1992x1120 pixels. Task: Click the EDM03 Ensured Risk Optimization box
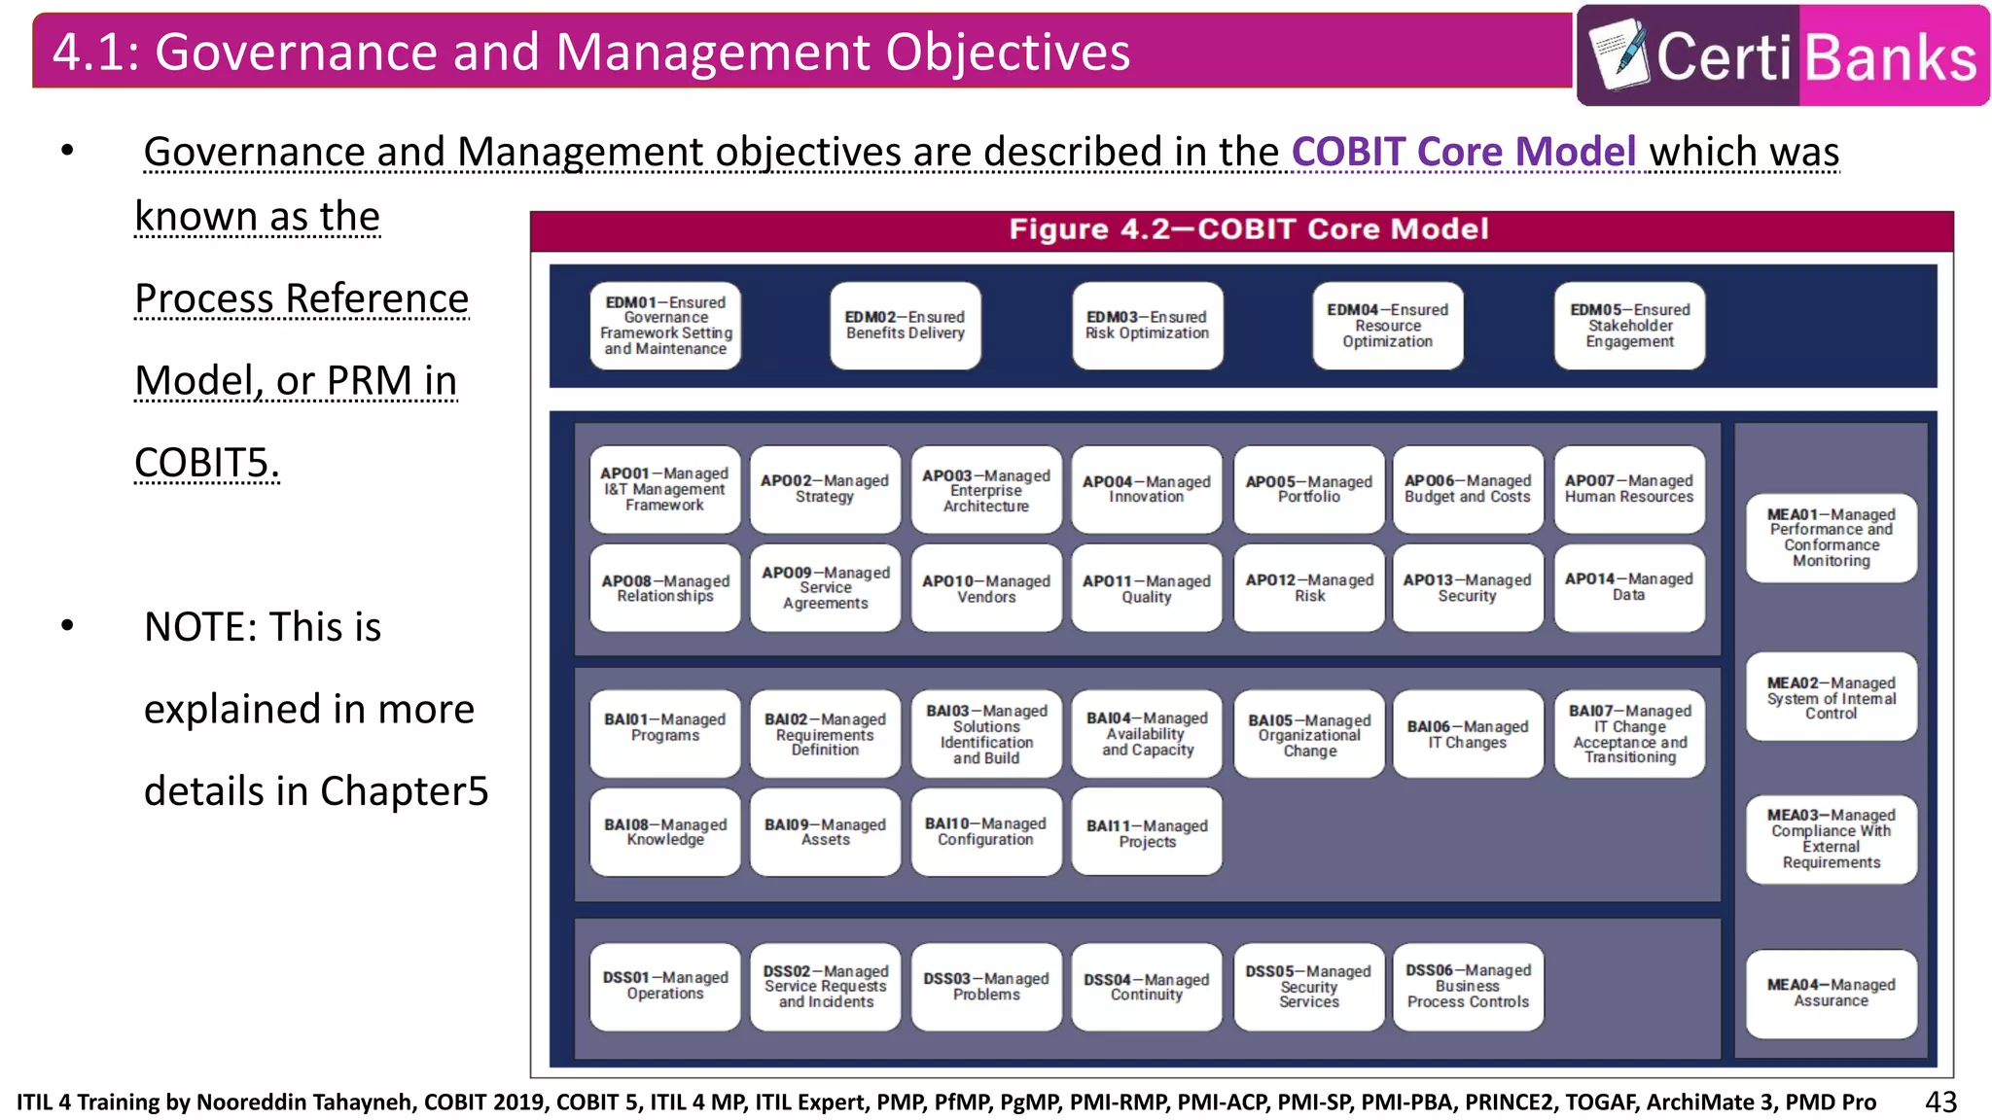pos(1147,326)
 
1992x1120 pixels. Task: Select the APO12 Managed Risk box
pos(1308,587)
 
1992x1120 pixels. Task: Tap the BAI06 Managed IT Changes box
pos(1467,734)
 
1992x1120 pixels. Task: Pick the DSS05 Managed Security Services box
pos(1308,986)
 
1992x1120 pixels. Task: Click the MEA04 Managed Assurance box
pos(1831,993)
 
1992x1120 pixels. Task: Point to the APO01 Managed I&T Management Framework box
pos(664,489)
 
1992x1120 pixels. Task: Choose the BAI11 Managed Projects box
pos(1147,832)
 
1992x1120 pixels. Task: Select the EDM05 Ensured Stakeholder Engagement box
pos(1629,326)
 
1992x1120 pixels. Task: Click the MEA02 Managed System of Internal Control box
pos(1831,697)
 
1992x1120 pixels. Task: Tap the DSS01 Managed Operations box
pos(664,985)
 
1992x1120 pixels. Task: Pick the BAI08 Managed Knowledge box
pos(664,831)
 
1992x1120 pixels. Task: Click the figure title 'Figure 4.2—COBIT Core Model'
pos(1248,229)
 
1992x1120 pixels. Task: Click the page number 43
pos(1940,1102)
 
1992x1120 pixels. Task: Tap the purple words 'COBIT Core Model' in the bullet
pos(1463,152)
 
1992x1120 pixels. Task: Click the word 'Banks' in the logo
pos(1891,57)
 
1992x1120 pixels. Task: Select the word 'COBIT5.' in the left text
pos(206,463)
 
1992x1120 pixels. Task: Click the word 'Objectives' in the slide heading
pos(1007,52)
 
